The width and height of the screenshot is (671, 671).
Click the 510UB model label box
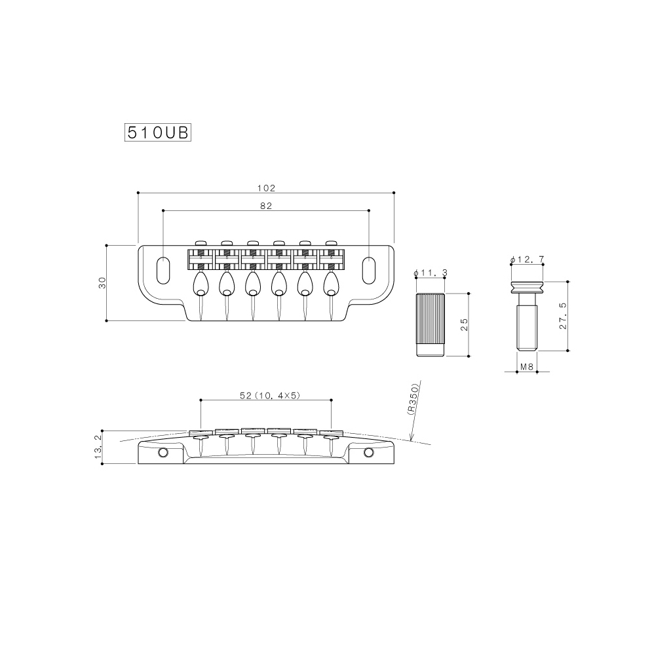pyautogui.click(x=157, y=132)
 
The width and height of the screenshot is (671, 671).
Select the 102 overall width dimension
pyautogui.click(x=266, y=187)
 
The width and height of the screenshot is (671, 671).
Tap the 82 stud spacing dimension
pyautogui.click(x=266, y=205)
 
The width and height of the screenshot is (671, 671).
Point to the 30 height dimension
pyautogui.click(x=102, y=282)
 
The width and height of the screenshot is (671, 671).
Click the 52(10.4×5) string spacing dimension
pyautogui.click(x=266, y=395)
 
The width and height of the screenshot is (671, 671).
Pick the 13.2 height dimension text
pyautogui.click(x=99, y=447)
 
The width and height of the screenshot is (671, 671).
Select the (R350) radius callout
pyautogui.click(x=412, y=398)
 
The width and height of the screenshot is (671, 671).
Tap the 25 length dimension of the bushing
pyautogui.click(x=463, y=325)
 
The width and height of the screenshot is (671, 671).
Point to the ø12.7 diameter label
pyautogui.click(x=527, y=260)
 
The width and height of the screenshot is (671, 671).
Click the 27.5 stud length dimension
pyautogui.click(x=563, y=316)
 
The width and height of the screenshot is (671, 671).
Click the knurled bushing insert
pyautogui.click(x=431, y=325)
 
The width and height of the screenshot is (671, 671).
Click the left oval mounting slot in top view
pyautogui.click(x=163, y=269)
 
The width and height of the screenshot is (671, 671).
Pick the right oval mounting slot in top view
pyautogui.click(x=370, y=269)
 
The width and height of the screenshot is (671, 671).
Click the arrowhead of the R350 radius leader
pyautogui.click(x=410, y=440)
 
